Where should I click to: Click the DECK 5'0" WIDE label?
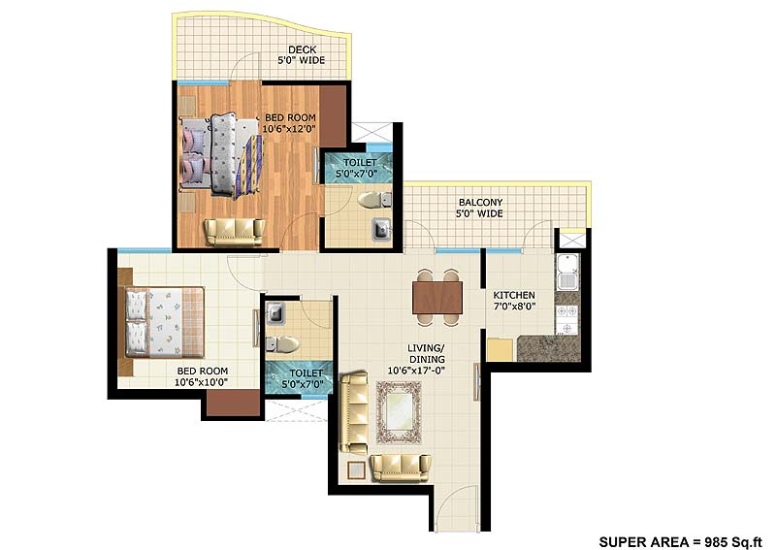tap(305, 54)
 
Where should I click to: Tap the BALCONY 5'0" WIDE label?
tap(480, 208)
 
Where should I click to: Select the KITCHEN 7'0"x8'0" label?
tap(514, 302)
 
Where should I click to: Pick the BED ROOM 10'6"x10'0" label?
tap(201, 376)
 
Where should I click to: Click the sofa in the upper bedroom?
tap(233, 231)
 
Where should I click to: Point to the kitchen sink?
tap(566, 271)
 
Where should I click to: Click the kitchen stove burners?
tap(566, 313)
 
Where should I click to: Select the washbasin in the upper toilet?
tap(380, 230)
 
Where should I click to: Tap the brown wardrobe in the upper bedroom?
tap(333, 115)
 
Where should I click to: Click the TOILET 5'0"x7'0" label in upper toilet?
tap(357, 169)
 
